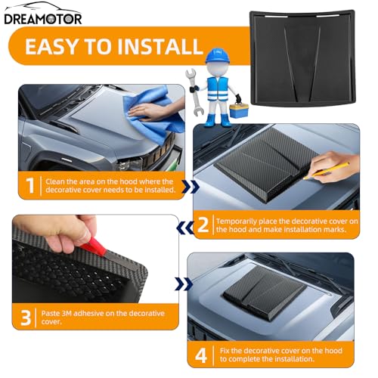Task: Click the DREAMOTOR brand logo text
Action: [43, 19]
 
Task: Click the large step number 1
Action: [30, 185]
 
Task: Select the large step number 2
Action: [203, 225]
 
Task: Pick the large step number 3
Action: [26, 318]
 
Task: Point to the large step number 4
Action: [201, 355]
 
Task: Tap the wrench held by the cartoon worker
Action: [194, 91]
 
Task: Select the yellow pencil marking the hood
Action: [327, 171]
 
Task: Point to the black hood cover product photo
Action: [302, 58]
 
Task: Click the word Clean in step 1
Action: [54, 181]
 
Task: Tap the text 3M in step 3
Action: [67, 314]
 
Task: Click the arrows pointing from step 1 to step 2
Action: [191, 187]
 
